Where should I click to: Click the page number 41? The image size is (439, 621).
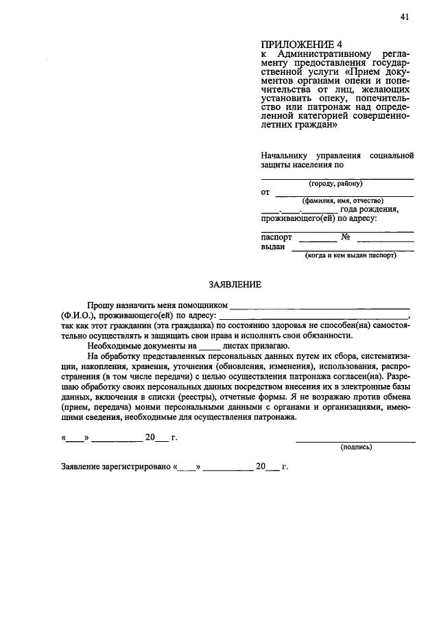405,18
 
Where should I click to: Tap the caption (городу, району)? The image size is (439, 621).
335,184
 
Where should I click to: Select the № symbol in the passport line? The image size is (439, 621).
346,237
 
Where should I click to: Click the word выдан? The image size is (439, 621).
273,247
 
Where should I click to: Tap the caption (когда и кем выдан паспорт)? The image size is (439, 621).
351,255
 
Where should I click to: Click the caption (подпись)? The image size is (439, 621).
357,447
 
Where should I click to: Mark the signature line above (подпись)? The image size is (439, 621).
355,441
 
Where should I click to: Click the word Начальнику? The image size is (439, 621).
282,155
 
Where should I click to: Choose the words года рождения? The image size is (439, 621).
369,209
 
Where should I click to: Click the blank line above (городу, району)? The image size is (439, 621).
337,178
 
